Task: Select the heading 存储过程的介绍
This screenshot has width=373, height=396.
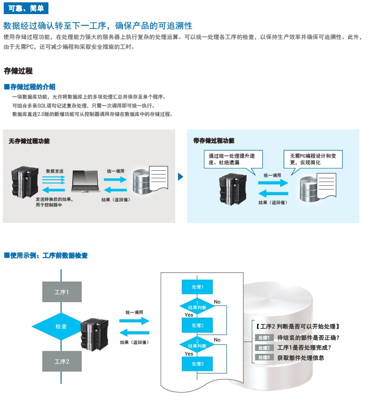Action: click(31, 87)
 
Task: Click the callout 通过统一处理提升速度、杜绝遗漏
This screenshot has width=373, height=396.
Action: click(232, 159)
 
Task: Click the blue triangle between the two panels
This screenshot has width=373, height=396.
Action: click(180, 177)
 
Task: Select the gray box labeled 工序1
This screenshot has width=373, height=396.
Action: click(62, 292)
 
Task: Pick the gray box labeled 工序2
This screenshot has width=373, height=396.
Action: click(62, 361)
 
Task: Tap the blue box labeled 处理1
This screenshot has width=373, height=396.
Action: click(197, 287)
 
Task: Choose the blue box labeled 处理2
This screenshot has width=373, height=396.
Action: click(197, 325)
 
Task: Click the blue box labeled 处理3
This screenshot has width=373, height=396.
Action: click(197, 364)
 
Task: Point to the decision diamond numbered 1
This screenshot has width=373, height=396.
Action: click(197, 305)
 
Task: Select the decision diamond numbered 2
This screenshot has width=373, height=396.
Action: click(197, 343)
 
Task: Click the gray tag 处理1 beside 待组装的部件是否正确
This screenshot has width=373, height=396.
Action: click(264, 338)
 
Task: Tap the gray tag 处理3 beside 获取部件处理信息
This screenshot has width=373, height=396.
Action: click(264, 358)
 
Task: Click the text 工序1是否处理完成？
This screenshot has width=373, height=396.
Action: click(304, 348)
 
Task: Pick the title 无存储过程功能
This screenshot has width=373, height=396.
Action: click(29, 141)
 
